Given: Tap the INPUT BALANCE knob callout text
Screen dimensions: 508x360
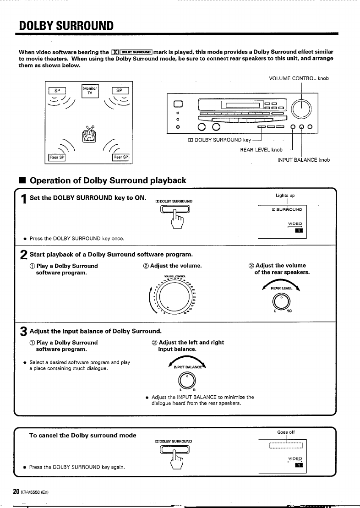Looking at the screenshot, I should point(304,159).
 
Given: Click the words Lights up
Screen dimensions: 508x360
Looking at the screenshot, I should point(285,196).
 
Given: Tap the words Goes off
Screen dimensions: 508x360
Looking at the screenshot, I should point(286,432).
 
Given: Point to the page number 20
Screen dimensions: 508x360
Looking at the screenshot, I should point(16,492).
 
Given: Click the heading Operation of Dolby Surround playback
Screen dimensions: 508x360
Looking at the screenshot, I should point(108,180).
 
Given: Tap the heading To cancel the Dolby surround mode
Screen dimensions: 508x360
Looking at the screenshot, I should point(82,435).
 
